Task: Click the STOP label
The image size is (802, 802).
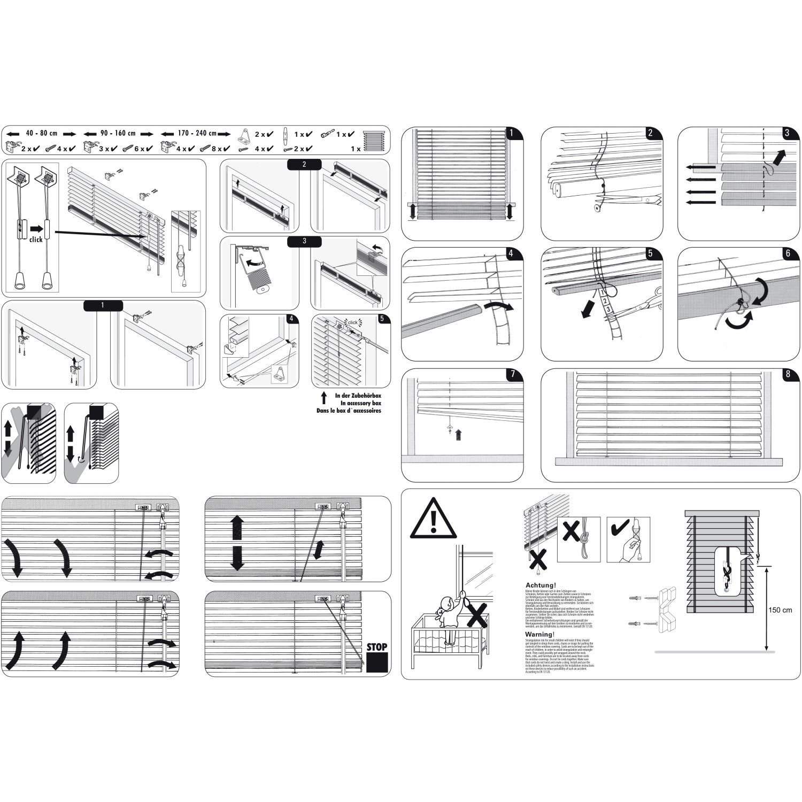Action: [376, 647]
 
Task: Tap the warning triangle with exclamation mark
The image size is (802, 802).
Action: [433, 520]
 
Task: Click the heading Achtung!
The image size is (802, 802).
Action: [541, 585]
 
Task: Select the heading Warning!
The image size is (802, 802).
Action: [539, 635]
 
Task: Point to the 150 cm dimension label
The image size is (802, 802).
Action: [780, 610]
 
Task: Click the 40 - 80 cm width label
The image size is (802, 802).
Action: [41, 133]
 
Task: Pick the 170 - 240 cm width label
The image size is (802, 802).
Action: [197, 133]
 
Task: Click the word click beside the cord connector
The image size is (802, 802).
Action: [36, 240]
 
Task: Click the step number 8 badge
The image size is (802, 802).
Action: [788, 374]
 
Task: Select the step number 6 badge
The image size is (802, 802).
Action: [788, 253]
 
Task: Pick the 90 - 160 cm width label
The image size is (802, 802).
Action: [119, 133]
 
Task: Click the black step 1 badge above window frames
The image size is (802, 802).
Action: [103, 305]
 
